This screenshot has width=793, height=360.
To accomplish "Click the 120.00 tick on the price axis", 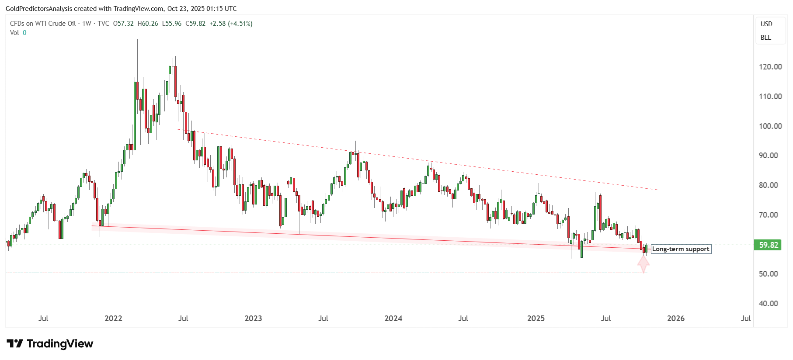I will pyautogui.click(x=770, y=67).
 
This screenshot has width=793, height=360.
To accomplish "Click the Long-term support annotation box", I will pyautogui.click(x=681, y=249).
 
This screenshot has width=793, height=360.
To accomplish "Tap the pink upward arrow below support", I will pyautogui.click(x=643, y=264).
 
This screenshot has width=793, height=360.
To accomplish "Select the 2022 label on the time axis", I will pyautogui.click(x=113, y=318).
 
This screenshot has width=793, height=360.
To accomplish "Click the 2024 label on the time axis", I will pyautogui.click(x=393, y=318).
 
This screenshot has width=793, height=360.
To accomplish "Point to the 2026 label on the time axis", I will pyautogui.click(x=675, y=318).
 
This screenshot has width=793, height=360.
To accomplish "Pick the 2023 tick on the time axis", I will pyautogui.click(x=253, y=318).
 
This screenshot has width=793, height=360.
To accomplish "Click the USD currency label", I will pyautogui.click(x=766, y=24).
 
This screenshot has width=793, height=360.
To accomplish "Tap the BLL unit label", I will pyautogui.click(x=765, y=38).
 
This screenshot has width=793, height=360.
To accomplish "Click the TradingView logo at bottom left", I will pyautogui.click(x=50, y=344).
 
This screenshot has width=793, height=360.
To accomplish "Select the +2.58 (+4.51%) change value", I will pyautogui.click(x=231, y=24).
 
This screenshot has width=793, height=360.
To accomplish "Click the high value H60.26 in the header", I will pyautogui.click(x=148, y=24).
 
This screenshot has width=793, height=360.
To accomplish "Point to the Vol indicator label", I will pyautogui.click(x=14, y=33).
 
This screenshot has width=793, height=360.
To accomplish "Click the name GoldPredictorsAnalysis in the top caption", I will pyautogui.click(x=38, y=9).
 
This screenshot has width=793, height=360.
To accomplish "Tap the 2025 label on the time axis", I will pyautogui.click(x=536, y=318).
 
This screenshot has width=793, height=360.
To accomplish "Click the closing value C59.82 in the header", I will pyautogui.click(x=195, y=24).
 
